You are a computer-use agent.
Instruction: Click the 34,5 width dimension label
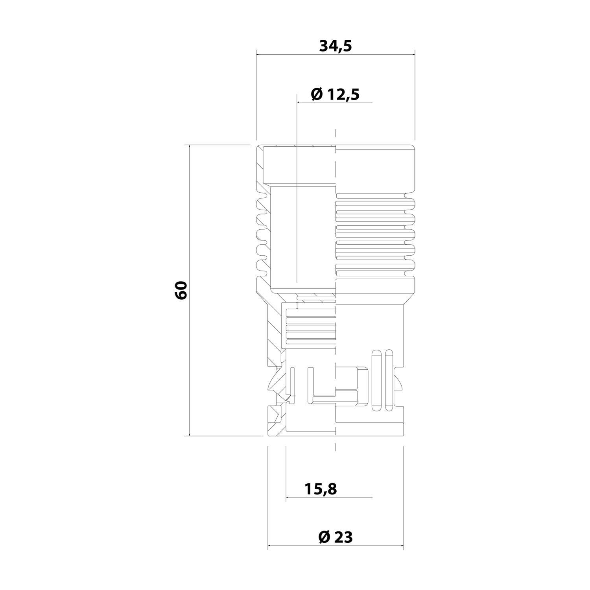335,46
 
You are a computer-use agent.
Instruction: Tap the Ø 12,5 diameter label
335,94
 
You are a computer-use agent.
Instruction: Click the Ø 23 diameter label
336,537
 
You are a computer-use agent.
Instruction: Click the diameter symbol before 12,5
316,94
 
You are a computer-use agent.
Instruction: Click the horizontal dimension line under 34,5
335,55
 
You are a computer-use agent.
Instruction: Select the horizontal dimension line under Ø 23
336,546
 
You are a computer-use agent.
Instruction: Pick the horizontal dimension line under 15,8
329,498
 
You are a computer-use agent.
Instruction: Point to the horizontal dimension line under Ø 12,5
335,102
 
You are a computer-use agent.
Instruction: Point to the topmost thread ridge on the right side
376,204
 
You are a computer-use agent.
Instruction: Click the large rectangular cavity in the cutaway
301,236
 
